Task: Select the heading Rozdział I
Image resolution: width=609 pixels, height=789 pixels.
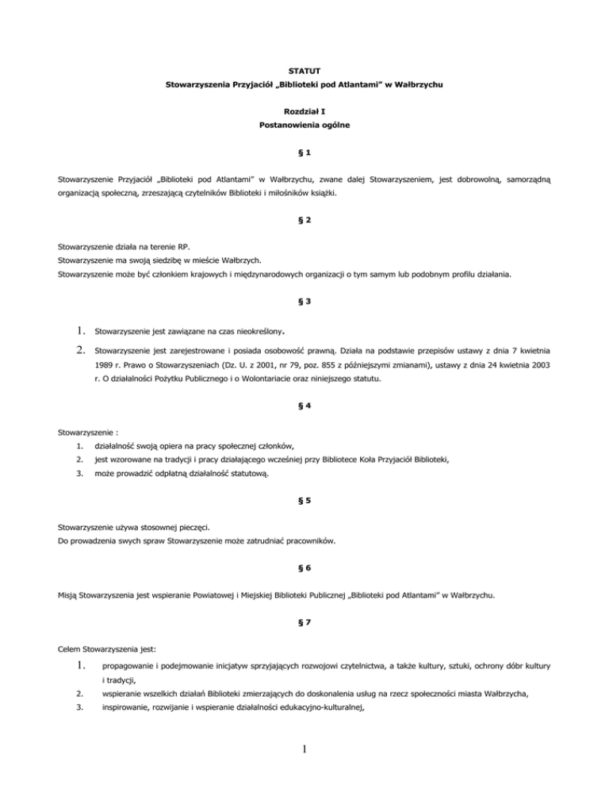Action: [x=304, y=113]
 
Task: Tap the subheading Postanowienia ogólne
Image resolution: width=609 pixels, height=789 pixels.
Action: [x=304, y=126]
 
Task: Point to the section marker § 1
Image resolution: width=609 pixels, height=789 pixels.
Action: [x=304, y=152]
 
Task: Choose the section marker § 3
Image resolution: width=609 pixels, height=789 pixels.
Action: [x=304, y=301]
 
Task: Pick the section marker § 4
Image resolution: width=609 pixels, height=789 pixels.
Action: [x=304, y=406]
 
